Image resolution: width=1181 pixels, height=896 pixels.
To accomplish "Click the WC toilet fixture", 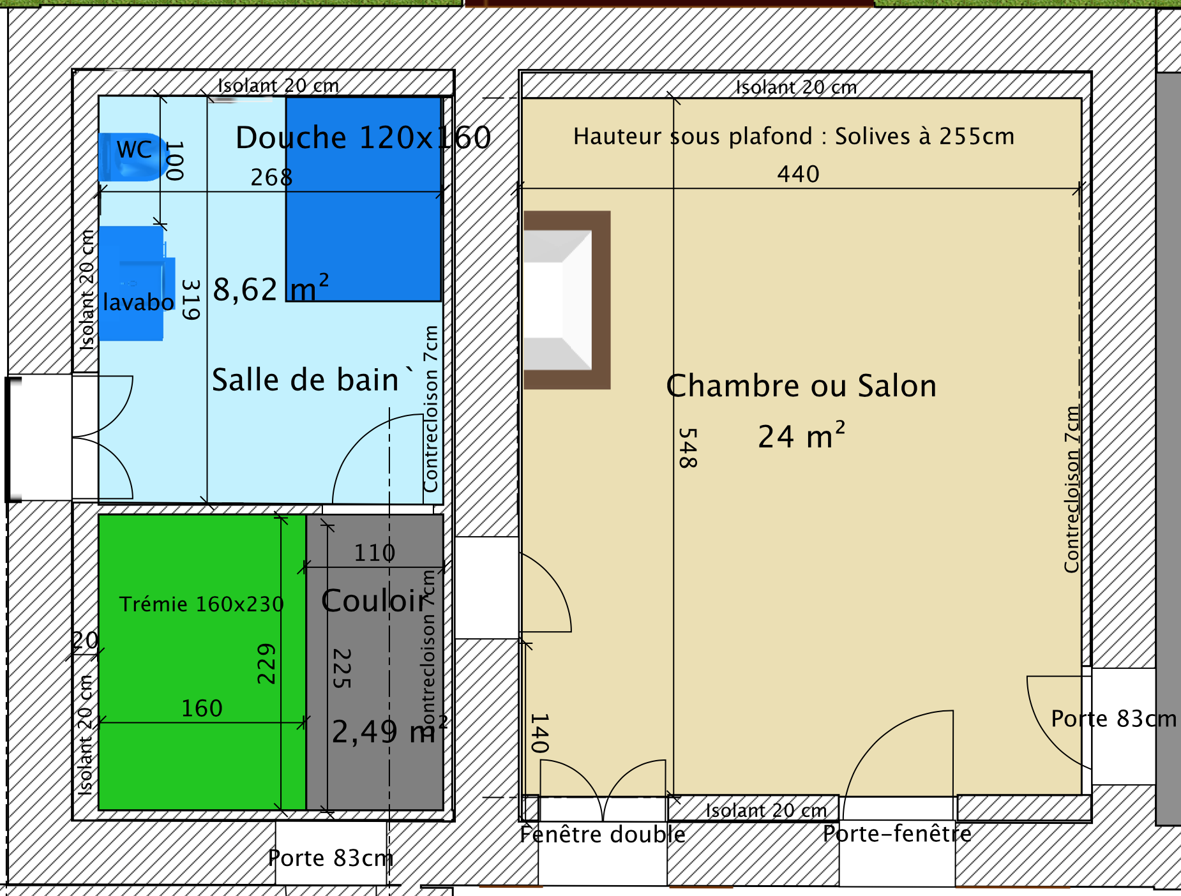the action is [133, 157].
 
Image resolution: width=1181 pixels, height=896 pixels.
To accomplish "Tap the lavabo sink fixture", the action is [137, 283].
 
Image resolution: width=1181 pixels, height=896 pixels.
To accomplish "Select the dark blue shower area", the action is [363, 198].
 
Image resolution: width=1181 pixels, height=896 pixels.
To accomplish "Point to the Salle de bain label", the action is [305, 380].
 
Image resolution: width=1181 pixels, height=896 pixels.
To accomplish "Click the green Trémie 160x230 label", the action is [201, 604].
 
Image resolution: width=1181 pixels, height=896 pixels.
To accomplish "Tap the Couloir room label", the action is [373, 601].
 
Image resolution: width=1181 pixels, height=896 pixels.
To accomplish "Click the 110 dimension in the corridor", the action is [375, 553].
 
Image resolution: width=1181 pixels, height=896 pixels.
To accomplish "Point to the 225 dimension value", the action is [342, 668].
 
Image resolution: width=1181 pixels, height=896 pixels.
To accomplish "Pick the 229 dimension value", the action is [266, 664].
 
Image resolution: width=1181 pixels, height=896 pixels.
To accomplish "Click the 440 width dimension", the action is [798, 174].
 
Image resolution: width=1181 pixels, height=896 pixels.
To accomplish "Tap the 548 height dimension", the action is [687, 448].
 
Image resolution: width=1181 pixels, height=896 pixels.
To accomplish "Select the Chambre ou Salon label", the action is [801, 386].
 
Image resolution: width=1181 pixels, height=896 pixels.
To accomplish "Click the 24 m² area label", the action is [802, 437].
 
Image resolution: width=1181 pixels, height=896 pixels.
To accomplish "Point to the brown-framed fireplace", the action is [567, 300].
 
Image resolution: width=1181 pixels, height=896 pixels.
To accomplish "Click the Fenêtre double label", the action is [603, 834].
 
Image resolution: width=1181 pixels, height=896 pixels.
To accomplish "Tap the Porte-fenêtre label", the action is [897, 833].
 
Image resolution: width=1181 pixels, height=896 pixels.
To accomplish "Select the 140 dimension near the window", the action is [539, 733].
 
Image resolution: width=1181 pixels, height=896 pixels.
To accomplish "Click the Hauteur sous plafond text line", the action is [794, 136].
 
